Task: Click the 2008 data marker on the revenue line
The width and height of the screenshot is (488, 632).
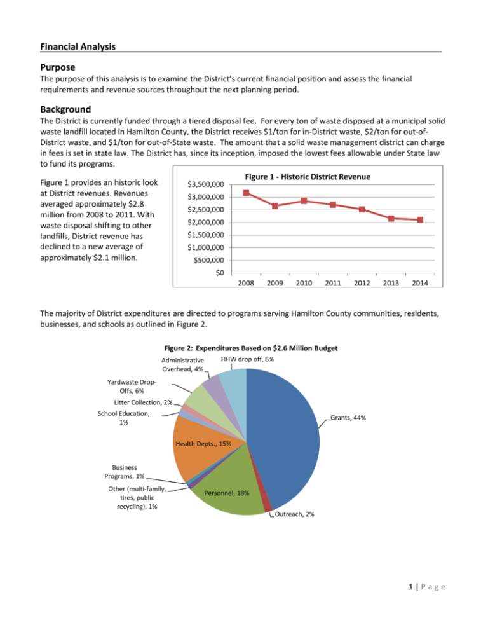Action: point(246,193)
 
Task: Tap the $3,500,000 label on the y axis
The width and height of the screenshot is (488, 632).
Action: point(202,184)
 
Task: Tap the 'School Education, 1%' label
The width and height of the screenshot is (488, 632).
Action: point(125,418)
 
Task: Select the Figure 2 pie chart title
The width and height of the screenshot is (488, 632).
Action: point(243,347)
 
